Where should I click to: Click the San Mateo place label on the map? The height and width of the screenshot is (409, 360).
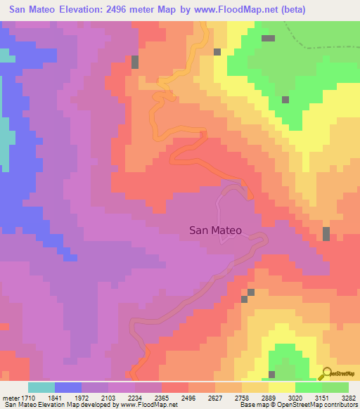click(x=215, y=230)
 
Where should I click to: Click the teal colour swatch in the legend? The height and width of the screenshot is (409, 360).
click(x=41, y=387)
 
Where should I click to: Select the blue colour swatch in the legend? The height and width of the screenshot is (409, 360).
click(x=68, y=387)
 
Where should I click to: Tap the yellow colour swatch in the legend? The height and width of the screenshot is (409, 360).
click(x=282, y=387)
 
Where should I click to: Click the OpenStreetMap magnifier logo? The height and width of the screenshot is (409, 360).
click(x=325, y=374)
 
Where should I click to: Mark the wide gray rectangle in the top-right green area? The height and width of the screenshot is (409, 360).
click(x=268, y=38)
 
